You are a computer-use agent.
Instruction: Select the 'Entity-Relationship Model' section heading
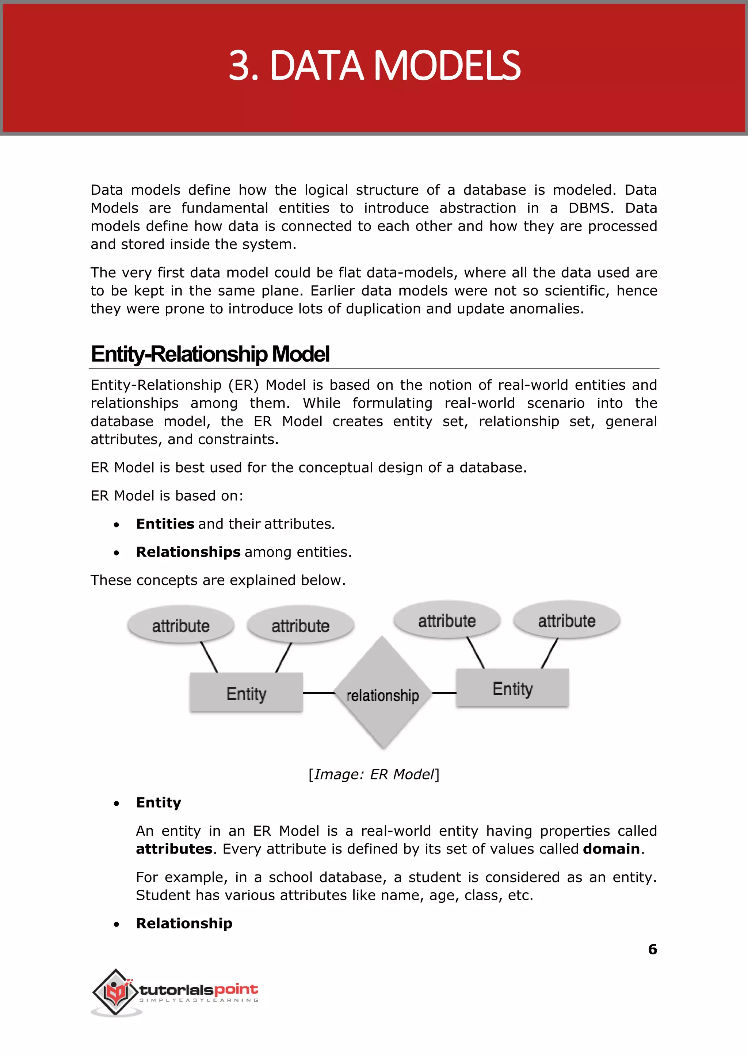point(210,354)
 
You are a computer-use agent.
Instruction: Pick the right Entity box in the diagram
point(512,688)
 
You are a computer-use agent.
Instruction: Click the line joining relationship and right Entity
point(444,692)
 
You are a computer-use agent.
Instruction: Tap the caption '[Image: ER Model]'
point(374,774)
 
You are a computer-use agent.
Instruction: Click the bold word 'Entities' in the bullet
point(165,524)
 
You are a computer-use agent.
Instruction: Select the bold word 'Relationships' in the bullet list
point(188,552)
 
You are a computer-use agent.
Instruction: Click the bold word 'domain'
point(611,849)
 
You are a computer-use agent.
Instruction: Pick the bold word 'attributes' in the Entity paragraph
point(174,849)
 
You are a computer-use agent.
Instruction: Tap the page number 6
point(652,949)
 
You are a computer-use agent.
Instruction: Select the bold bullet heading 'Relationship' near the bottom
point(184,923)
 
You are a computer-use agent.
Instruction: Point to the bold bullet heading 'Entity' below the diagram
point(159,803)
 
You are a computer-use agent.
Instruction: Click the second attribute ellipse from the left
point(300,625)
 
